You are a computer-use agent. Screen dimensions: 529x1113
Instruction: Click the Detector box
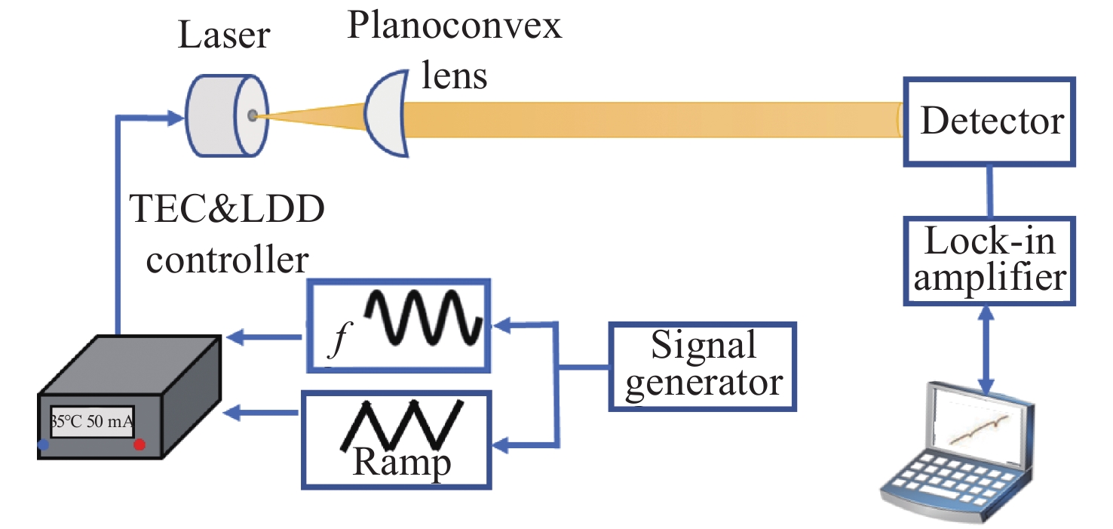991,122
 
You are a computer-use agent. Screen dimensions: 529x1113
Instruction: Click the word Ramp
400,462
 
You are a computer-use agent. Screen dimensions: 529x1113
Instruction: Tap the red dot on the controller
139,445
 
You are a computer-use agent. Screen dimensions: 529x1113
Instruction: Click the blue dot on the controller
43,446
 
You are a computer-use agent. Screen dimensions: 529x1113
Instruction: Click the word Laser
224,35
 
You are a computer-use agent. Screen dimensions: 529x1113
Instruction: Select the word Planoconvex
455,28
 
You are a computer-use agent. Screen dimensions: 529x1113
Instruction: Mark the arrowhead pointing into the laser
177,117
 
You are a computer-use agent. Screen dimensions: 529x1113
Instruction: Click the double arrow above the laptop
986,346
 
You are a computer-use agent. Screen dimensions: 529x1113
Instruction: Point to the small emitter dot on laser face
253,115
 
